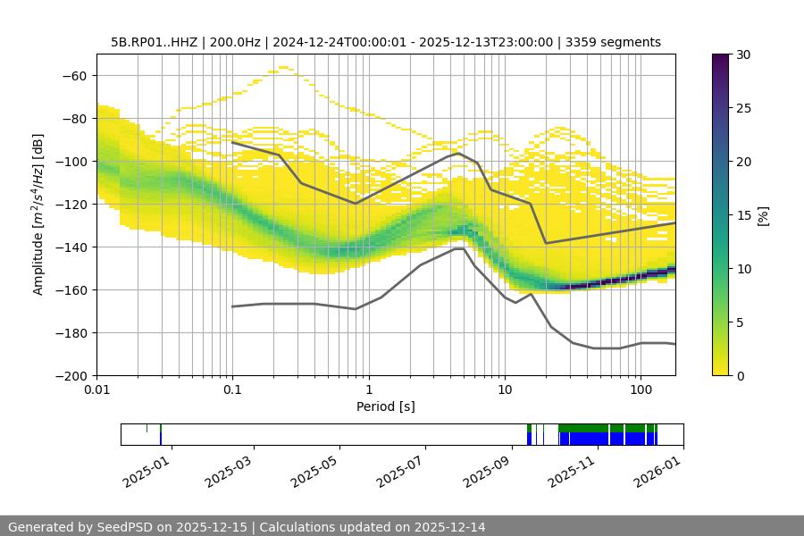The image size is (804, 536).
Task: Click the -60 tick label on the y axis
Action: [x=73, y=75]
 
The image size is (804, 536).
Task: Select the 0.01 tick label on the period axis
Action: [x=96, y=390]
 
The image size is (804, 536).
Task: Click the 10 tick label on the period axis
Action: [x=505, y=390]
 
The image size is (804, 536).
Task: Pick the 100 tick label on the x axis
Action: [x=641, y=390]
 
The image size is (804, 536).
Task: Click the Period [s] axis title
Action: [x=386, y=407]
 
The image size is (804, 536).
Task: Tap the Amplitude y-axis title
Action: [x=38, y=214]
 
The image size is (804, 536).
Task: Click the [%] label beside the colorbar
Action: [x=763, y=215]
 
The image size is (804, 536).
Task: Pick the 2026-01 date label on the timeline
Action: [x=657, y=467]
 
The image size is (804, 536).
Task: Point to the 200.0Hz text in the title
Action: [x=237, y=42]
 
